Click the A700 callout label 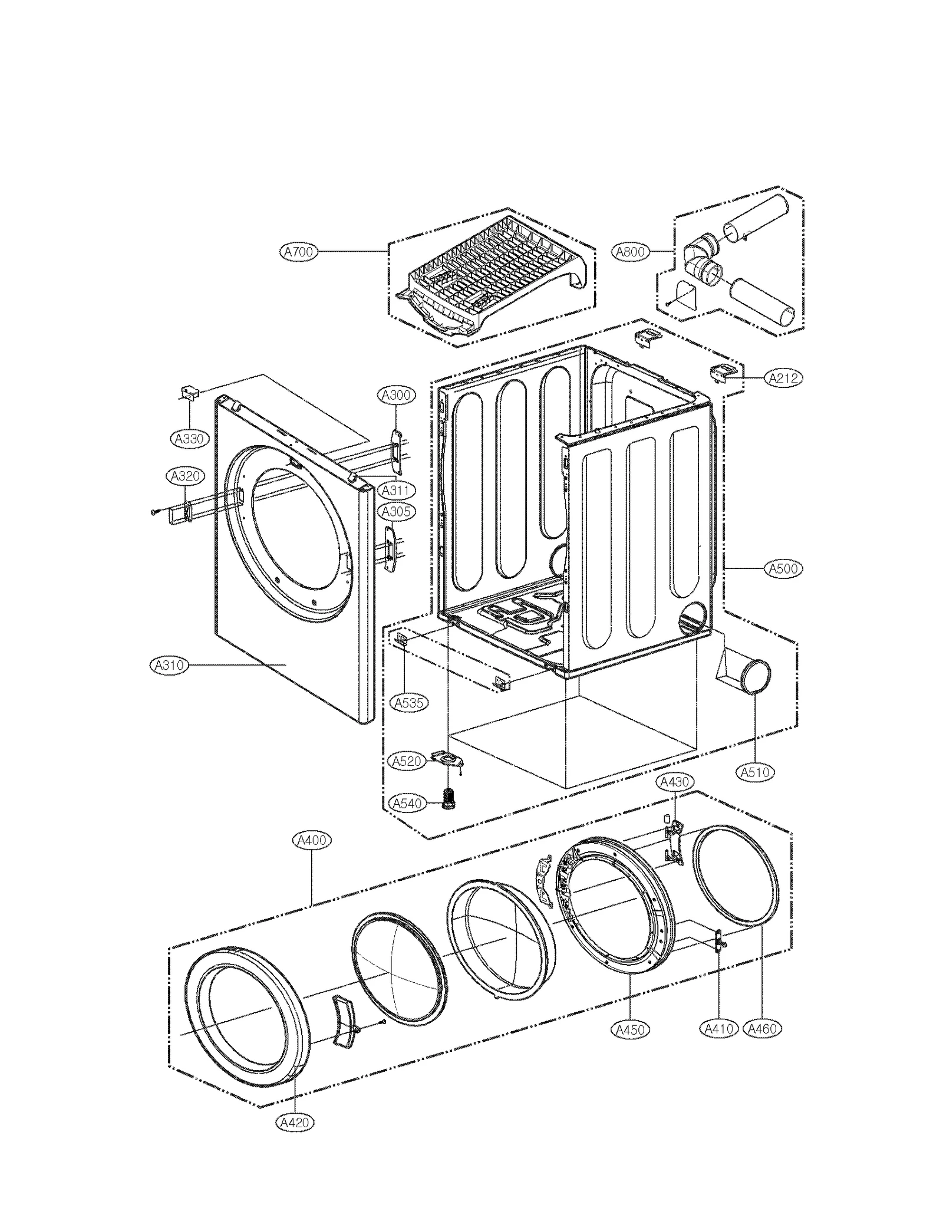coord(298,252)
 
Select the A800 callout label coord(631,252)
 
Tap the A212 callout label coord(784,378)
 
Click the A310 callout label coord(169,665)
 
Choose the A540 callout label coord(407,803)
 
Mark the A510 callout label coord(756,772)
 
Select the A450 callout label coord(630,1029)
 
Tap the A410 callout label coord(719,1029)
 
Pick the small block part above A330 coord(190,392)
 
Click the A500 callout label coord(784,568)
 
